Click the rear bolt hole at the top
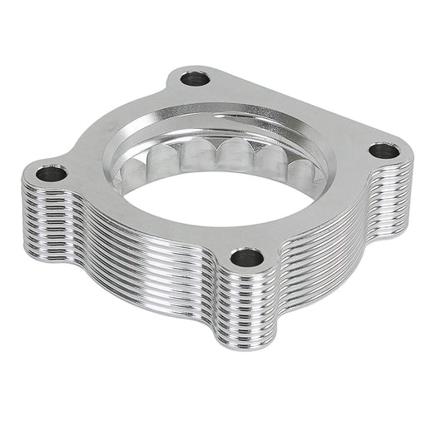tap(196, 80)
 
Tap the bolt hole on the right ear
tap(384, 151)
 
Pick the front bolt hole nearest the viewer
tap(246, 257)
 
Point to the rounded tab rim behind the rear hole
tap(187, 66)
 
